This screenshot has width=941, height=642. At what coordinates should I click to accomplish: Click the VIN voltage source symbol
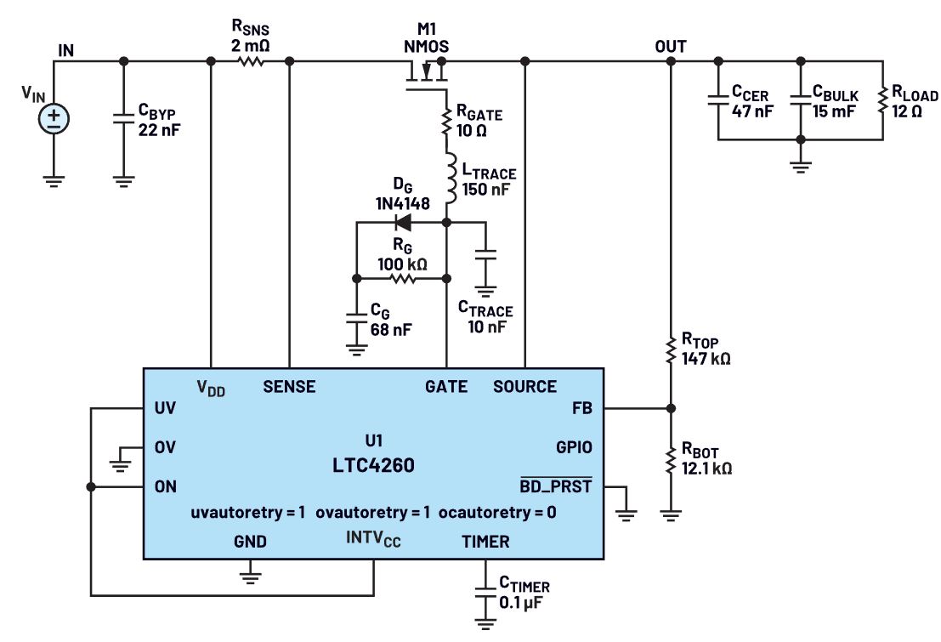click(54, 117)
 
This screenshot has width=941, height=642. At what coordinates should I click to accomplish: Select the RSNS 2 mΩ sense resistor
click(250, 61)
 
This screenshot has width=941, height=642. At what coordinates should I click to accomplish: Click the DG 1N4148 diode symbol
click(403, 223)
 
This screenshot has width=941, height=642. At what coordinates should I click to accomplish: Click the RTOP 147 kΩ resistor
click(671, 349)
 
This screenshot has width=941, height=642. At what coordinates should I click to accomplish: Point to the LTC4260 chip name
click(374, 466)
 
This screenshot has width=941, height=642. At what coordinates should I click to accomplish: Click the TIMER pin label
click(485, 542)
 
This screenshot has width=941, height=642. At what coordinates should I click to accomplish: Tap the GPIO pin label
click(572, 446)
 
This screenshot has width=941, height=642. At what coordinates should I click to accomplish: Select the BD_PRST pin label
click(555, 487)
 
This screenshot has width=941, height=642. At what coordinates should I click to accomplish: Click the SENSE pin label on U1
click(290, 387)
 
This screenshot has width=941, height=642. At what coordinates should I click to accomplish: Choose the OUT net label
click(671, 46)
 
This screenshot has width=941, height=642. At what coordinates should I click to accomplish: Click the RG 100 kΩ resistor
click(400, 278)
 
